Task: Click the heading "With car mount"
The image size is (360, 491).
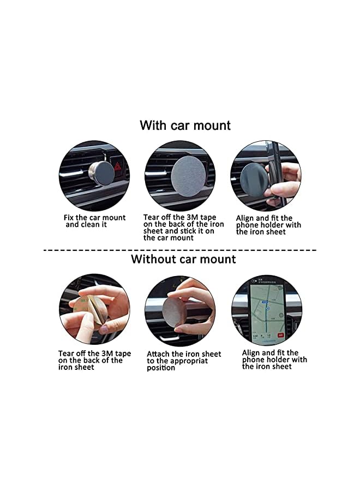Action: (x=185, y=125)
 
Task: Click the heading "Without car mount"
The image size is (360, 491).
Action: (x=183, y=259)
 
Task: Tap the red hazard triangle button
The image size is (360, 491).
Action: (x=117, y=165)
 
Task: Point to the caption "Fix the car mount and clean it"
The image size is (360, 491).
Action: (x=94, y=221)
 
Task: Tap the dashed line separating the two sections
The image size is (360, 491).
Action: (x=180, y=249)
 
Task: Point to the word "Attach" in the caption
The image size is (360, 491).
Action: (x=159, y=354)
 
